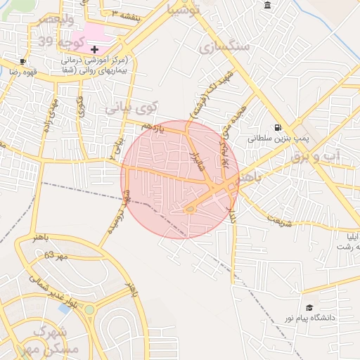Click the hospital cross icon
(94, 49)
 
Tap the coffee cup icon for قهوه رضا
(23, 61)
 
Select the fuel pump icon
(279, 127)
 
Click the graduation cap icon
(309, 308)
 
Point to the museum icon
(267, 6)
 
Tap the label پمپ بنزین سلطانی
(278, 139)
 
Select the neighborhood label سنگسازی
(224, 47)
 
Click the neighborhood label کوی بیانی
(133, 108)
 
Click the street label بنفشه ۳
(127, 14)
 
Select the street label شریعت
(278, 217)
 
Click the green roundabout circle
(89, 309)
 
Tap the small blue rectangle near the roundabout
(65, 308)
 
